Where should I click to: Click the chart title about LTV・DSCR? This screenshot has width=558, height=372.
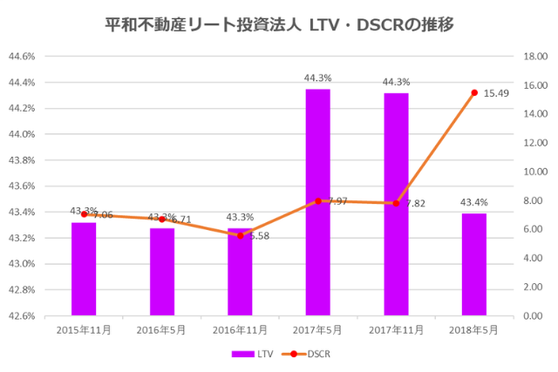click(278, 24)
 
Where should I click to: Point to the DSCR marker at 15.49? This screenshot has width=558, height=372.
click(474, 92)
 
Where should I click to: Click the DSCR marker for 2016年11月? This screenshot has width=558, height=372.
click(240, 235)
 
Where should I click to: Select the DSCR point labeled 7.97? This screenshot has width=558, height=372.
click(318, 201)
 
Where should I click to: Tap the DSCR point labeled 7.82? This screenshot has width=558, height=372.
click(396, 203)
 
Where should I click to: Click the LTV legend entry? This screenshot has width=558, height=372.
click(252, 354)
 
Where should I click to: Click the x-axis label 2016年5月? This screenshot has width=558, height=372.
click(161, 331)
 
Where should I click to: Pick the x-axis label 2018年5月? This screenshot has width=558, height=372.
click(473, 331)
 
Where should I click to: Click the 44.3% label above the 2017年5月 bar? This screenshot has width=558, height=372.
click(317, 78)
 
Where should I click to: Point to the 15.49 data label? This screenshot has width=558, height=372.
click(498, 93)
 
